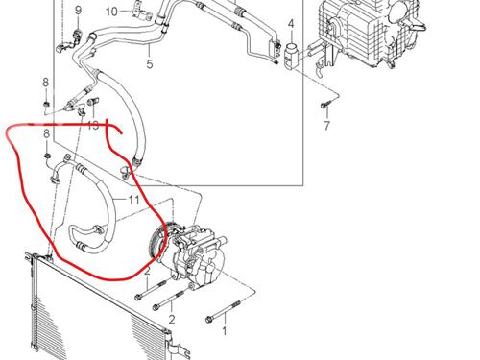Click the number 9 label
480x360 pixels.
pos(79,11)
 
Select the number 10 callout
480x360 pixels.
pos(111,12)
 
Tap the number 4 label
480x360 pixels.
pos(291,24)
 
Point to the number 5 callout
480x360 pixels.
pos(150,64)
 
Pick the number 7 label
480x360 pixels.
pos(326,126)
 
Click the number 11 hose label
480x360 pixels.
pos(134,200)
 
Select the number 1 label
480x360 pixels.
pos(225,331)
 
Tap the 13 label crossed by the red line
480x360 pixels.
pos(93,125)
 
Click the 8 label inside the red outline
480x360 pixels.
pos(47,133)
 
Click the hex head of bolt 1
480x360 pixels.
pos(209,319)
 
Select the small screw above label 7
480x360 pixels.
pos(324,105)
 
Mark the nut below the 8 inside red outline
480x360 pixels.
pos(47,156)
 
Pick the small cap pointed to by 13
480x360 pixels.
pos(93,102)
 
